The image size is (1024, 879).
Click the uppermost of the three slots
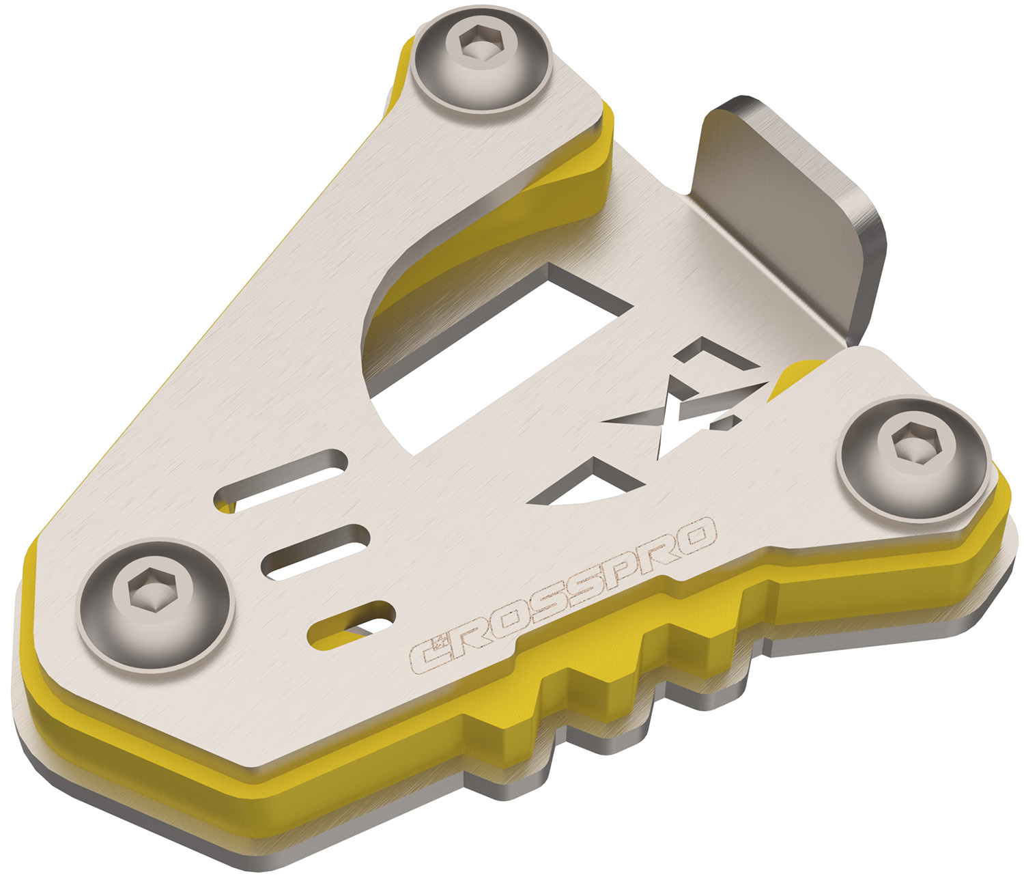point(281,480)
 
